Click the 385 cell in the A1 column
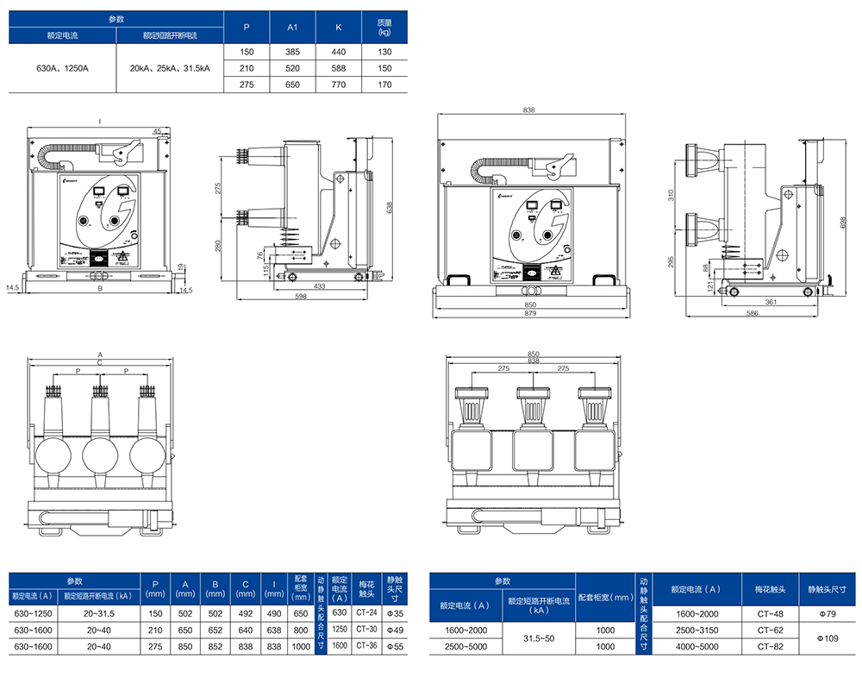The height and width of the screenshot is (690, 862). coord(292,52)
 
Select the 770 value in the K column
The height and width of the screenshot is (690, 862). coord(338,85)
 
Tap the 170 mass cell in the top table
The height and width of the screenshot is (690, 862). coord(384,85)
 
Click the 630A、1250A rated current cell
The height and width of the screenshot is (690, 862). coord(62,68)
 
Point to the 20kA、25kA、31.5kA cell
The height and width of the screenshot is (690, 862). coord(170,68)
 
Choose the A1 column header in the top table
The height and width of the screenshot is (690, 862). coord(292,28)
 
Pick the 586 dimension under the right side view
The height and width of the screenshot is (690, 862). coord(752,312)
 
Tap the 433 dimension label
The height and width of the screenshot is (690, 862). coord(319,285)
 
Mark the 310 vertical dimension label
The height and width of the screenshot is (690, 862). coord(672,195)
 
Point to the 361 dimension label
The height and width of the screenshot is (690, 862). coord(771,302)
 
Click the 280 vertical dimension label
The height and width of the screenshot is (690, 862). coord(219,246)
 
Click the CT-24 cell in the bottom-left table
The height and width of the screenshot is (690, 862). coord(367,612)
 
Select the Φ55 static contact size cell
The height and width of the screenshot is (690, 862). coord(395,645)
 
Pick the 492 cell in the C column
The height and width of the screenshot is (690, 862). coord(246,613)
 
